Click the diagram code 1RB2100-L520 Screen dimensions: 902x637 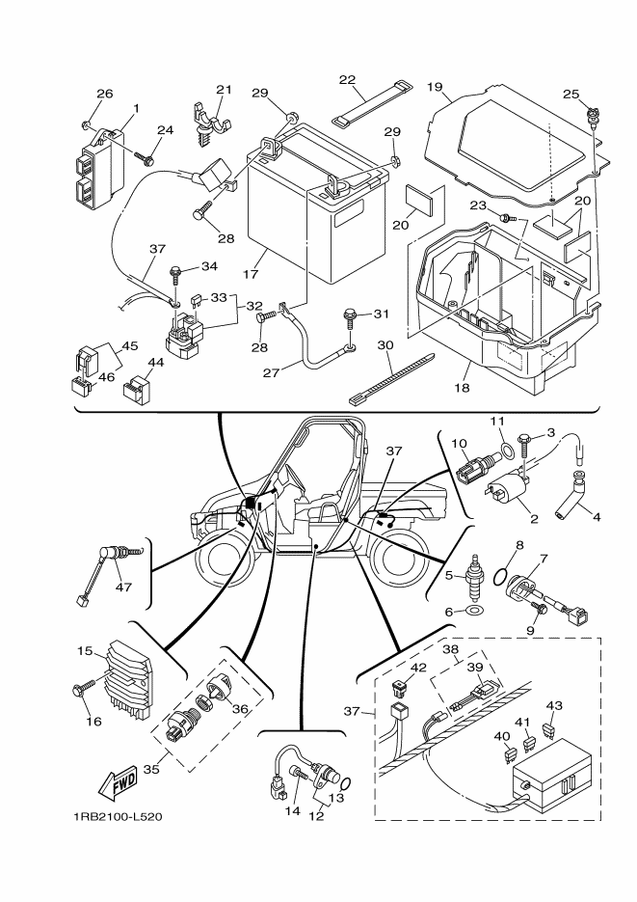(117, 817)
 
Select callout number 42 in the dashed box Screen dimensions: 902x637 (417, 667)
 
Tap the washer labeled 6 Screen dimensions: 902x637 (475, 612)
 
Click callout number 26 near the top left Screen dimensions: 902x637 (104, 94)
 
